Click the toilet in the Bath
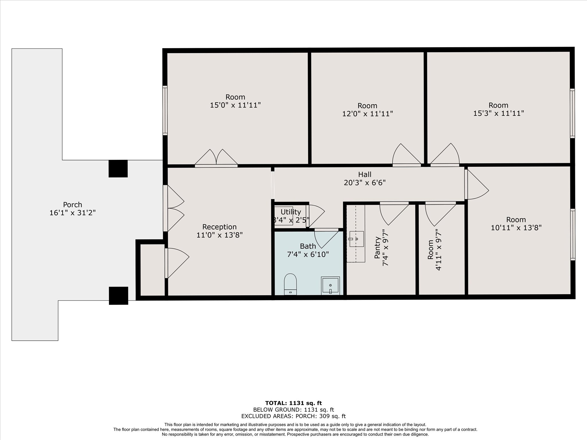click(290, 284)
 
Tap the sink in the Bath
click(330, 285)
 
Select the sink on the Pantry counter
click(357, 239)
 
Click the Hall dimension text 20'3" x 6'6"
click(365, 182)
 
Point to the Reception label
click(219, 227)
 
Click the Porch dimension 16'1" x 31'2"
click(73, 213)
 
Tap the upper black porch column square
click(118, 168)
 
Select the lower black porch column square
click(118, 295)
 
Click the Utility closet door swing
click(316, 216)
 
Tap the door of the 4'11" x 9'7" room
click(439, 214)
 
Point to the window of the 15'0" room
click(165, 110)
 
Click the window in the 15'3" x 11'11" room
click(572, 113)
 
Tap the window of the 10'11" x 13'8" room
click(572, 234)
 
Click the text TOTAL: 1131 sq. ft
click(293, 403)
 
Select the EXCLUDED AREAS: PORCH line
click(293, 416)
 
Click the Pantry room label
click(377, 247)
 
